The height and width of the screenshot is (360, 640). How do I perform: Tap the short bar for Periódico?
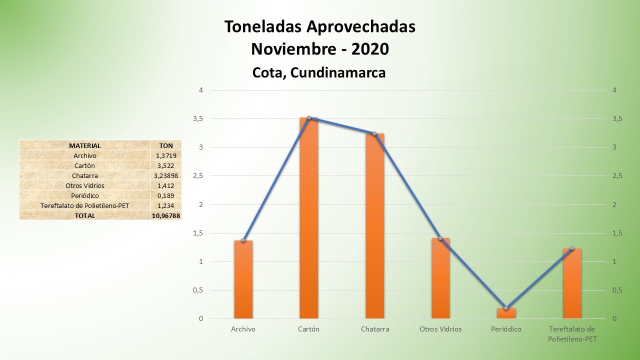[x=506, y=313]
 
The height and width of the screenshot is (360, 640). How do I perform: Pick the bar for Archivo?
[x=243, y=280]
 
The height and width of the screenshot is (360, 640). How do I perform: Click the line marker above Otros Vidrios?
[x=440, y=238]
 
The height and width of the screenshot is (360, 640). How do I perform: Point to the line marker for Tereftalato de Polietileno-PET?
[x=572, y=248]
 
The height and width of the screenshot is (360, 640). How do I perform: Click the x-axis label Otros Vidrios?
[x=440, y=329]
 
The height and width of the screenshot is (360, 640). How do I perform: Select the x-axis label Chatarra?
[x=375, y=329]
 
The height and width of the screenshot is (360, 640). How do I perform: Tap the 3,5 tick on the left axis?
[x=198, y=119]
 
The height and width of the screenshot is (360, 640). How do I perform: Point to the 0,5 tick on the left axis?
[x=198, y=290]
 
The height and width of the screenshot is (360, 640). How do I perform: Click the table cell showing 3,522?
[x=165, y=165]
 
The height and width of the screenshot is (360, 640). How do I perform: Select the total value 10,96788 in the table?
[x=165, y=215]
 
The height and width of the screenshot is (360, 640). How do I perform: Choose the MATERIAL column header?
[x=84, y=145]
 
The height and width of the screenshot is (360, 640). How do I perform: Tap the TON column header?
[x=165, y=145]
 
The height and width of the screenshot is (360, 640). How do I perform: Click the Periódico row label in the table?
[x=84, y=195]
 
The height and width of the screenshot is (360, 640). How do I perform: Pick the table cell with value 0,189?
[x=165, y=195]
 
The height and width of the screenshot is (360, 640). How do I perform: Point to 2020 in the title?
[x=370, y=49]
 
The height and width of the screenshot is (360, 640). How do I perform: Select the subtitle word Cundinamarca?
[x=338, y=72]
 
